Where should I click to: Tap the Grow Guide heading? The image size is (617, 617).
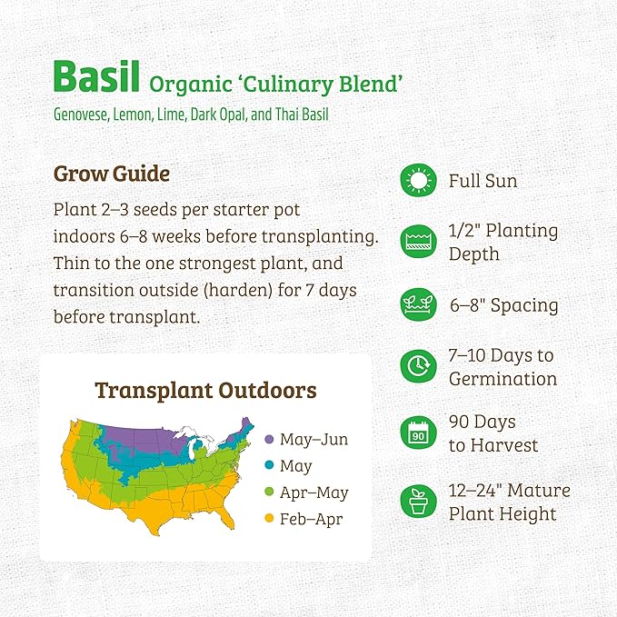click(112, 173)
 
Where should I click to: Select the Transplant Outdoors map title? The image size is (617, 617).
click(205, 391)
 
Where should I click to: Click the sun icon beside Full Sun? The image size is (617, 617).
click(418, 181)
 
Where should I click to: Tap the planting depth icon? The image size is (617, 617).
click(418, 242)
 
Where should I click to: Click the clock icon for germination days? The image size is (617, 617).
click(418, 366)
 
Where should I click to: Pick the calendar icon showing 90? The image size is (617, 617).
click(418, 433)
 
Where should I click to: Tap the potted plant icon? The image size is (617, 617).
click(418, 502)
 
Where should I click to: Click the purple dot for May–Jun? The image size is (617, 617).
click(269, 440)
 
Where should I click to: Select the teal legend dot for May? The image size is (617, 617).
click(269, 466)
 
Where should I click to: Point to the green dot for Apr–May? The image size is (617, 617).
click(269, 493)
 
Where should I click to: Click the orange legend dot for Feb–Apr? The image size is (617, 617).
click(269, 519)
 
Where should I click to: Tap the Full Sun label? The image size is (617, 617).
click(483, 181)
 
